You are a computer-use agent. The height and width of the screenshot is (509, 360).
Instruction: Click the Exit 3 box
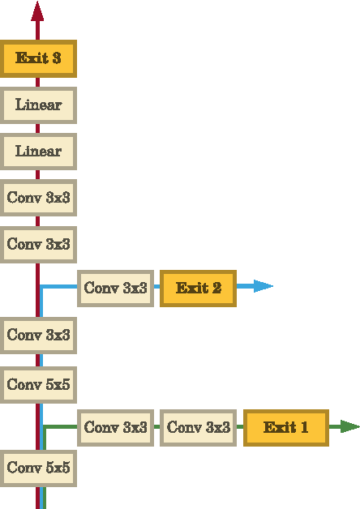coord(38,59)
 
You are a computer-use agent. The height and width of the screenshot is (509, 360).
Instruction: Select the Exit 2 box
coord(198,288)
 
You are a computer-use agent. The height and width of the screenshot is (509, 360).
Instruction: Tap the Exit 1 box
coord(285,427)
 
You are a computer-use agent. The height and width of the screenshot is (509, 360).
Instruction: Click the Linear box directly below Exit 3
coord(38,105)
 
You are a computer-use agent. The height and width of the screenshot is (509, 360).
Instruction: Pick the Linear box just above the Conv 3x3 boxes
coord(38,152)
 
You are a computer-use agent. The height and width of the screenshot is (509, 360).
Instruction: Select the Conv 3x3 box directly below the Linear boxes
coord(38,198)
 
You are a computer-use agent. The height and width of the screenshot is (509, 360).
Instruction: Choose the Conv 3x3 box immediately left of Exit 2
coord(115,288)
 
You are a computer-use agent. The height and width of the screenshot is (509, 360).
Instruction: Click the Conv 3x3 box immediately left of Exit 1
coord(198,427)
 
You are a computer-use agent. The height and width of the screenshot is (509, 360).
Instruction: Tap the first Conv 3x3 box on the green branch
coord(115,427)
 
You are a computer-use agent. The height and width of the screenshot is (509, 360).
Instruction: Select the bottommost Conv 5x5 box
coord(38,468)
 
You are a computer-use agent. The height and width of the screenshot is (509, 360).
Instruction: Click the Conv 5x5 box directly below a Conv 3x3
coord(38,385)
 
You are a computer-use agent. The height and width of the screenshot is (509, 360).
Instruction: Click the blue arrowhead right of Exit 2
coord(263,286)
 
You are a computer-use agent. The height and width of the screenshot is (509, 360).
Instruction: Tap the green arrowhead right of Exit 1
coord(349,426)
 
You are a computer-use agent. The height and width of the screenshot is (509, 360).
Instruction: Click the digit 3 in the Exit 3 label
coord(57,59)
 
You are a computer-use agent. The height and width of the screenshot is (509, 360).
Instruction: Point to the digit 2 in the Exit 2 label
coord(216,288)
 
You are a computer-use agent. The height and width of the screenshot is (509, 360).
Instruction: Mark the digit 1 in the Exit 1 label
coord(304,427)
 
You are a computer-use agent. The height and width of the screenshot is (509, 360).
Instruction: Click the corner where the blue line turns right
coord(42,287)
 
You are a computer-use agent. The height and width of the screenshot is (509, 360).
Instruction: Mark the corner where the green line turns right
coord(45,426)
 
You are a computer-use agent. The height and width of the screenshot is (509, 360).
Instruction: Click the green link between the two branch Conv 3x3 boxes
coord(157,427)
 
